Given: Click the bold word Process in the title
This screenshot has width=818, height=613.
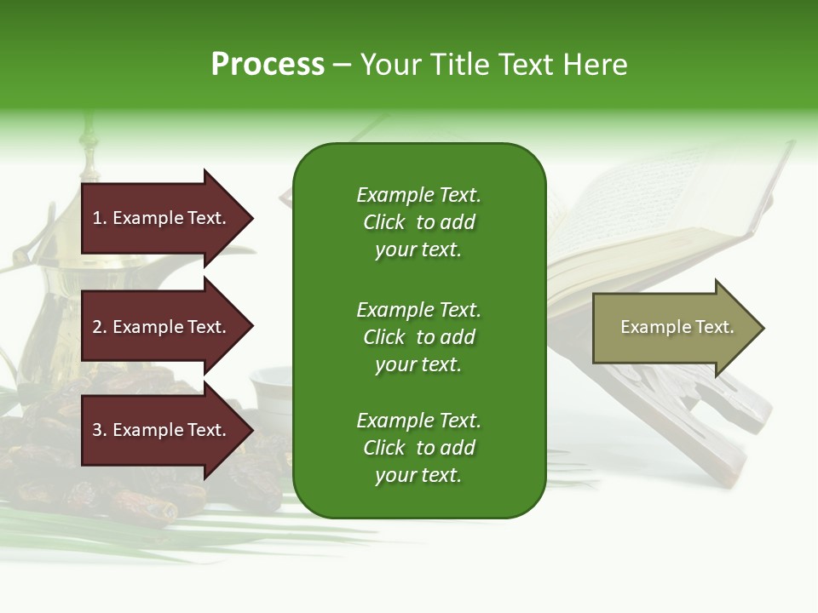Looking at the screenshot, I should pos(268,65).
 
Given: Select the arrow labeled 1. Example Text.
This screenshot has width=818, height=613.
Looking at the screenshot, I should pos(162,218).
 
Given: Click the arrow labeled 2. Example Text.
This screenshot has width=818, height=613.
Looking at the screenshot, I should pos(162,327).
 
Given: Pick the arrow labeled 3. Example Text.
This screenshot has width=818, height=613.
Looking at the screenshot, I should pos(162,430).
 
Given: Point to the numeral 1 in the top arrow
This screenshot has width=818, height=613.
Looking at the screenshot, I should pos(97,218).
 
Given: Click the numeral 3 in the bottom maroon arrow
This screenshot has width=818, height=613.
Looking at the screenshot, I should pos(97,430).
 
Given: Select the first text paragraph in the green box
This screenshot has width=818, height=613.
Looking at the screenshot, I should pos(418,222).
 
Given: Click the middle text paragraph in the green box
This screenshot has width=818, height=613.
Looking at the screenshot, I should pos(418,337).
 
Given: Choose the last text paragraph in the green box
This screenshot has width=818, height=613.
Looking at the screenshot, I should pos(418,448).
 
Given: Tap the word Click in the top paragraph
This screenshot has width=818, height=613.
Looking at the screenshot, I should pos(383,222).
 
